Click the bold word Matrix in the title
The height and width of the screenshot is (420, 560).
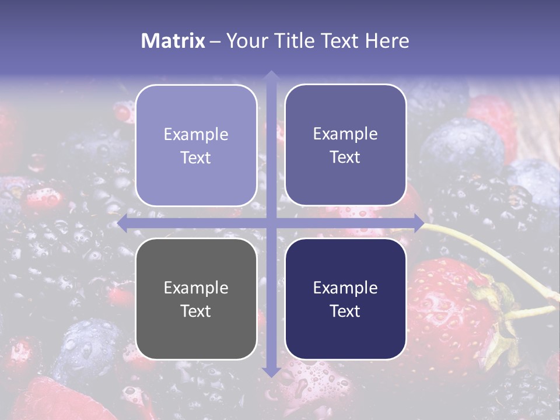pos(173,41)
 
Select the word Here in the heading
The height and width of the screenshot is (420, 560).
pos(387,41)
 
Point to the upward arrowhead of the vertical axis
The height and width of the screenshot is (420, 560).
pos(271,75)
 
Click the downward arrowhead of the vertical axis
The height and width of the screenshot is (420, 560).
pos(271,372)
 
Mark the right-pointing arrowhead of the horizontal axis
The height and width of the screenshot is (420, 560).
pos(418,223)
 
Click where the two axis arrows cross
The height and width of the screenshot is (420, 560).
pos(271,223)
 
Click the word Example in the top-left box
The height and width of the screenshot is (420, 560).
pos(196,134)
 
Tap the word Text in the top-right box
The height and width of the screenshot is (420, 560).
pos(345,157)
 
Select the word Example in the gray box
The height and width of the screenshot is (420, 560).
pos(196,288)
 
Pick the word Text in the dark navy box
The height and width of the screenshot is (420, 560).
pos(345,311)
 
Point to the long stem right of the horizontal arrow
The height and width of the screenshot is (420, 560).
pos(484,245)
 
